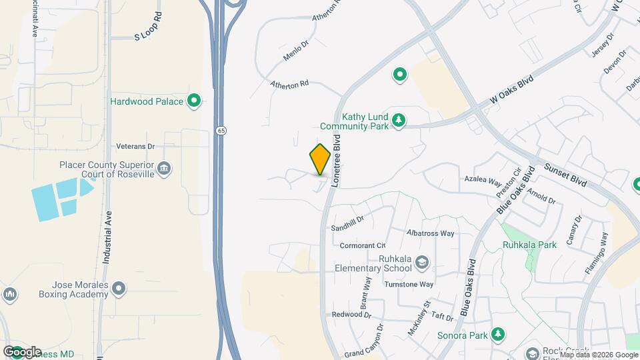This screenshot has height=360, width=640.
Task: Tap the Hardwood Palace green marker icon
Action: (194, 101)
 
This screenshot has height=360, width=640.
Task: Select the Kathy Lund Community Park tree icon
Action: (399, 120)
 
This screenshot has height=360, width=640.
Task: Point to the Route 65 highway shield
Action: (220, 130)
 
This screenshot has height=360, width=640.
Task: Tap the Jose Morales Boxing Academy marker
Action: (119, 288)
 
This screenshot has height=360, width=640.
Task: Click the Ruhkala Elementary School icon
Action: (421, 263)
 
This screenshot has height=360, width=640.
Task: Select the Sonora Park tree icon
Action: (497, 333)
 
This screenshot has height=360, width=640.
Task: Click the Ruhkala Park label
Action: (529, 245)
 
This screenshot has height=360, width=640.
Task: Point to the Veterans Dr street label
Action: (135, 146)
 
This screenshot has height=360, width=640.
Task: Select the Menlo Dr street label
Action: (296, 51)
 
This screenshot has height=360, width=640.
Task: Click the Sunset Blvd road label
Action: (565, 175)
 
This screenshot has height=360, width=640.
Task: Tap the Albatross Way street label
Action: (430, 233)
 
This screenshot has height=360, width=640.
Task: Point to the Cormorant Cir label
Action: (363, 245)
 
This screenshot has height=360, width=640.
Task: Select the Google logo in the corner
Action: (22, 352)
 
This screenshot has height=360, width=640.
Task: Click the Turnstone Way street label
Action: (409, 284)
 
